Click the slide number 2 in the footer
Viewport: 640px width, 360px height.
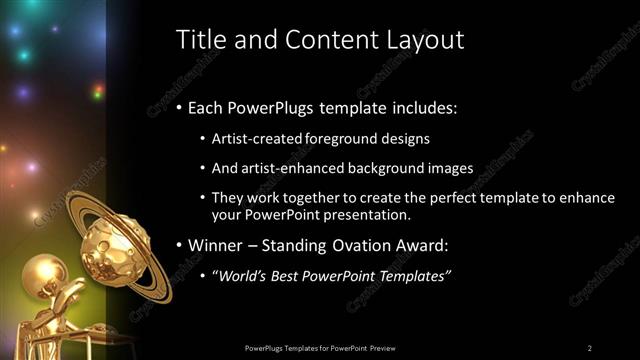point(590,347)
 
